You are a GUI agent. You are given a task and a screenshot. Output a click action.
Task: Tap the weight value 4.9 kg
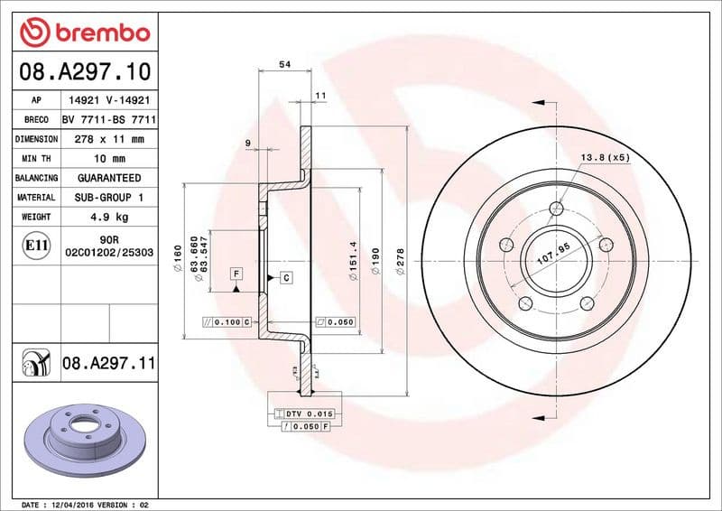tap(108, 217)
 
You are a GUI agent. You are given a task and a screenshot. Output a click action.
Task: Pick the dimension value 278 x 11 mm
tap(108, 139)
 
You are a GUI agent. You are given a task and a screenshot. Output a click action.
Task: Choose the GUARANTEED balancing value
tap(108, 178)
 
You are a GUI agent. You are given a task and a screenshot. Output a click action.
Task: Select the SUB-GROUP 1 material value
tap(108, 197)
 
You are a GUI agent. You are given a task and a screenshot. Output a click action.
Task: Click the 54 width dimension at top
tap(284, 64)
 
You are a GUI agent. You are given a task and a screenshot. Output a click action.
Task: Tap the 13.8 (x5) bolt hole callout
tap(605, 157)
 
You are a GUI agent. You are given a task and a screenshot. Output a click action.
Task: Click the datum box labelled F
tap(236, 274)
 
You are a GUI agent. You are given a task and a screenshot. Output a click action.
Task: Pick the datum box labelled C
tap(285, 277)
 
